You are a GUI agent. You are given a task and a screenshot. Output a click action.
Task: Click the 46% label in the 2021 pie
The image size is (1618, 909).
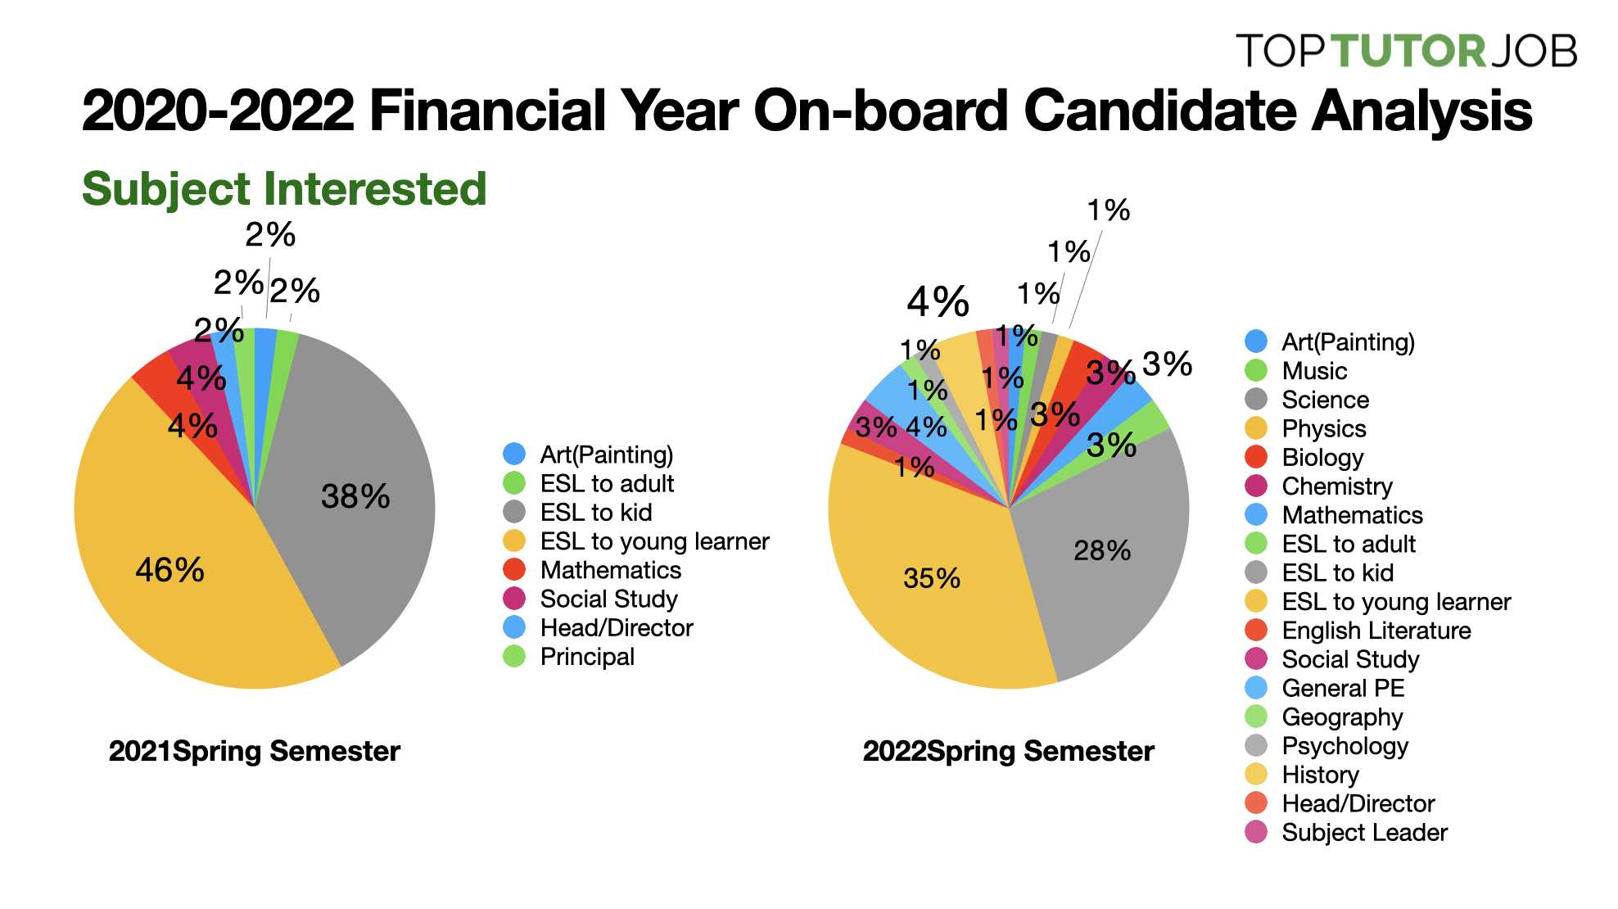pyautogui.click(x=169, y=570)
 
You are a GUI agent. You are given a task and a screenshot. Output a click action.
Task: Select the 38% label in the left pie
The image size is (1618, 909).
pyautogui.click(x=355, y=496)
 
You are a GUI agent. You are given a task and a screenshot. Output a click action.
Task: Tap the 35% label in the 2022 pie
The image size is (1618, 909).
pyautogui.click(x=932, y=578)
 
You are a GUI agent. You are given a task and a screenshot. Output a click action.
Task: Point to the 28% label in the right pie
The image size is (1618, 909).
pyautogui.click(x=1102, y=550)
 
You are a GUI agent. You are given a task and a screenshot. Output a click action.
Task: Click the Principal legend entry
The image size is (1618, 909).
pyautogui.click(x=587, y=657)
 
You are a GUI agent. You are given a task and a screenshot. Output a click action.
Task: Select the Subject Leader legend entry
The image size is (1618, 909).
pyautogui.click(x=1364, y=832)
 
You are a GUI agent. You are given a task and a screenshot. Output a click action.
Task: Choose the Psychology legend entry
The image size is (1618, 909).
pyautogui.click(x=1345, y=746)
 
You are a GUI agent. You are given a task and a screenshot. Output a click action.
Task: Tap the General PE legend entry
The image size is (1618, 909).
pyautogui.click(x=1343, y=688)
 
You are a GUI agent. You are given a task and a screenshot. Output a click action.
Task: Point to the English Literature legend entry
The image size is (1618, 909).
pyautogui.click(x=1376, y=631)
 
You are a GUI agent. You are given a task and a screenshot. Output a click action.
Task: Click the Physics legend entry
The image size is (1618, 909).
pyautogui.click(x=1323, y=428)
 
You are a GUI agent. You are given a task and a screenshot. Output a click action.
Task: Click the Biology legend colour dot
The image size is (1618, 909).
pyautogui.click(x=1256, y=457)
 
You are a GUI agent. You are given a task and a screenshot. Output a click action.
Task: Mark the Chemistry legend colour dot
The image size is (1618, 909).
pyautogui.click(x=1256, y=486)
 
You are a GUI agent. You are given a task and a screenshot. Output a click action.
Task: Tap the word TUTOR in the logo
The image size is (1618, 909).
pyautogui.click(x=1408, y=51)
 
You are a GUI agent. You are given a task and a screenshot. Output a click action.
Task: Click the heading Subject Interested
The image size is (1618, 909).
pyautogui.click(x=284, y=189)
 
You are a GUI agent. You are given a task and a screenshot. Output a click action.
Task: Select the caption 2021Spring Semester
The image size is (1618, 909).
pyautogui.click(x=254, y=751)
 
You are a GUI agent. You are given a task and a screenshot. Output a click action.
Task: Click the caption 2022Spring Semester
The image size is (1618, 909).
pyautogui.click(x=1008, y=751)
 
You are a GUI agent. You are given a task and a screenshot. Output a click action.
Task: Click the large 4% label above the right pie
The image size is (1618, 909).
pyautogui.click(x=938, y=302)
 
